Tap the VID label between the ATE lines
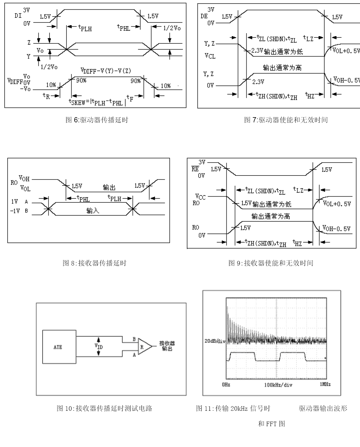[x=99, y=346]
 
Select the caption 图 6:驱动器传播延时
[x=97, y=120]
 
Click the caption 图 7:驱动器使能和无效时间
[x=286, y=120]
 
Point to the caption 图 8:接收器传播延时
[x=94, y=263]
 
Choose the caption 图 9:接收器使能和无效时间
[x=271, y=263]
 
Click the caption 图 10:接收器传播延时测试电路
[x=104, y=409]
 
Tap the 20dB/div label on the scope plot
[x=215, y=341]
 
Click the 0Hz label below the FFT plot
[x=226, y=384]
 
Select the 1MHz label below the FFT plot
[x=325, y=384]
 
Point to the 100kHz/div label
[x=278, y=385]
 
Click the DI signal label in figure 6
[x=18, y=15]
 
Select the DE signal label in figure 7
[x=204, y=16]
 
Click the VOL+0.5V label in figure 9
[x=337, y=204]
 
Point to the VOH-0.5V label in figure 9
[x=336, y=229]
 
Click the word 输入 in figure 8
[x=92, y=211]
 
